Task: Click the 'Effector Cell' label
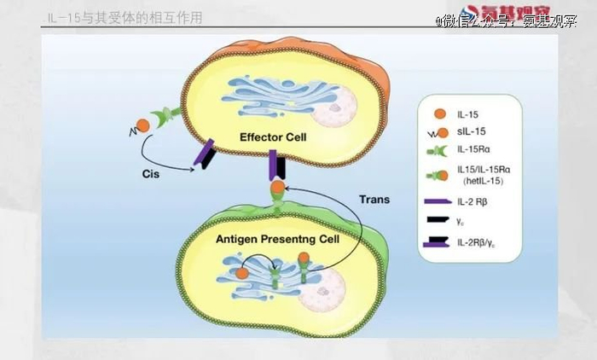(x=273, y=137)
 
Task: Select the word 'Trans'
(x=374, y=200)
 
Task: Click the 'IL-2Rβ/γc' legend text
(x=480, y=244)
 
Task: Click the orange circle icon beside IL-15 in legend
(x=438, y=113)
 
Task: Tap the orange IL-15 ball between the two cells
(x=276, y=187)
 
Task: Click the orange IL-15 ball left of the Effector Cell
(x=142, y=125)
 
